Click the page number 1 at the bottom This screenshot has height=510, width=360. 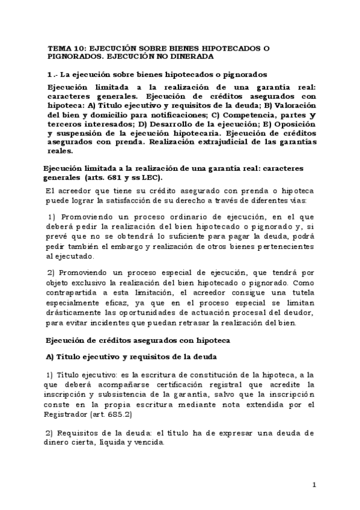click(x=314, y=484)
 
